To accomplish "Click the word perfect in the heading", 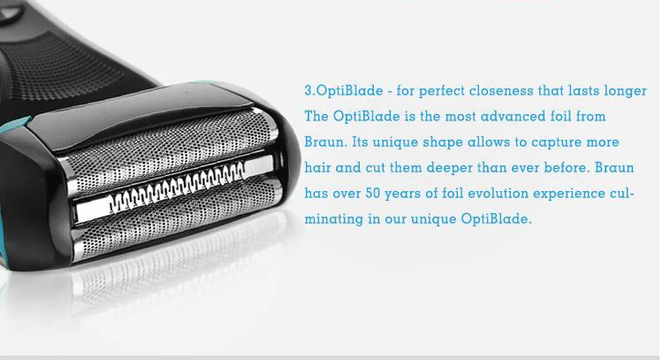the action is coord(442,91).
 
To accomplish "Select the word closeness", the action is coord(501,90).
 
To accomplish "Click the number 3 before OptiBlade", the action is coord(309,90).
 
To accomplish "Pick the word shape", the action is coord(443,142).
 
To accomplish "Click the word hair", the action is coord(318,167).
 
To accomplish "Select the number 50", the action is coord(373,194).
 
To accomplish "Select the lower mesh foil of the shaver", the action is coord(178,220).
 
